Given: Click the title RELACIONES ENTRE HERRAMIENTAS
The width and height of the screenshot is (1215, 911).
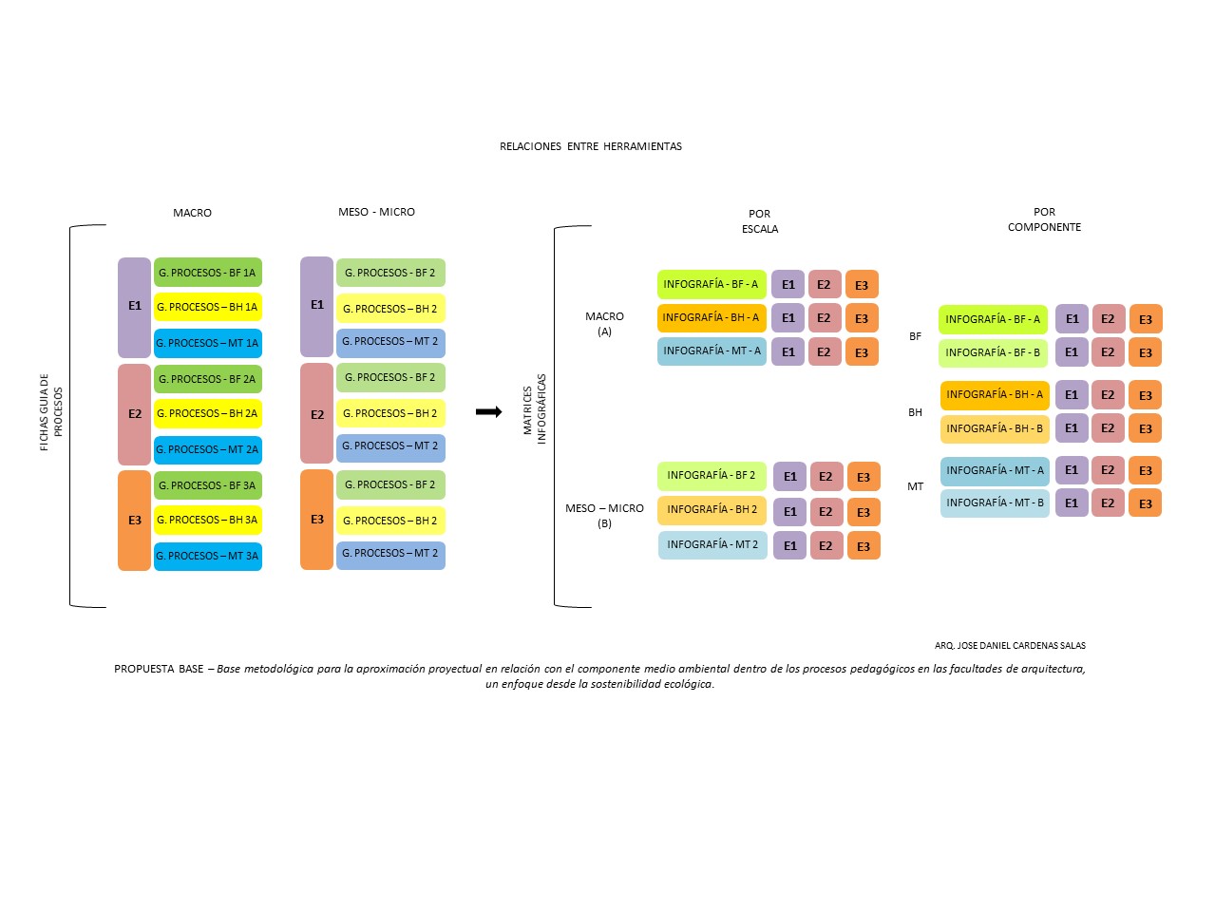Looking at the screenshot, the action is [x=590, y=146].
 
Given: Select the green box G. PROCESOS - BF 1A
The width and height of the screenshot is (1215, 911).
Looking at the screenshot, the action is [x=208, y=273].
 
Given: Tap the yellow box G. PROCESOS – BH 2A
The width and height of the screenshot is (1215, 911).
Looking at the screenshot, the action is [x=208, y=413].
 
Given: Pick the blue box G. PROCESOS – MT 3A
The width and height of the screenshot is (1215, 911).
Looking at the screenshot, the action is [x=208, y=556].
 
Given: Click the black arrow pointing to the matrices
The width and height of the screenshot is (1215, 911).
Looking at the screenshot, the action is [x=489, y=411].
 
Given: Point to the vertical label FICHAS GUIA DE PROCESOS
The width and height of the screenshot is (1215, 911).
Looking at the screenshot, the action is [x=51, y=411].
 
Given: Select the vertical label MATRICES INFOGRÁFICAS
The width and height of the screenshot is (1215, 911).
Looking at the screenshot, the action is [x=534, y=409].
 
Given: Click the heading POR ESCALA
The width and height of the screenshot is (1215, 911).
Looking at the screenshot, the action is [x=759, y=220].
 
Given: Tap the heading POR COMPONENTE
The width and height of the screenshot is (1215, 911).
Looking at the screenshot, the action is [x=1044, y=219].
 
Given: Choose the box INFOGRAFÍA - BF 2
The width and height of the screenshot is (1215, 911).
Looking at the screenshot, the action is [x=712, y=476].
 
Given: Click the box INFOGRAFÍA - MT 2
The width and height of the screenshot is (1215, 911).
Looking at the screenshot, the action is [x=712, y=544].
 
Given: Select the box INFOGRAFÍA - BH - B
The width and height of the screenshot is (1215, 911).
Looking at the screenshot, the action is [x=995, y=429].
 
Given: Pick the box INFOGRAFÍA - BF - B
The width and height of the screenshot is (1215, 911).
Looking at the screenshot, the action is [x=993, y=352].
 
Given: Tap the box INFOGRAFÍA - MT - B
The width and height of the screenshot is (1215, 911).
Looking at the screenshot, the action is [x=995, y=503].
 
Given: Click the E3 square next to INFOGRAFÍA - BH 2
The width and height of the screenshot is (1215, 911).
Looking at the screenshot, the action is [x=864, y=512].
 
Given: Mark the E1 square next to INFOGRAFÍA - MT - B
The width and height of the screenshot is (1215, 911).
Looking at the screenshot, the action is [x=1072, y=503].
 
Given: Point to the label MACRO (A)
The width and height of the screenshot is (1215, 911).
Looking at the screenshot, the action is [x=604, y=324].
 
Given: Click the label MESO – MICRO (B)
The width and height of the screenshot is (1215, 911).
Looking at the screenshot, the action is [x=604, y=516].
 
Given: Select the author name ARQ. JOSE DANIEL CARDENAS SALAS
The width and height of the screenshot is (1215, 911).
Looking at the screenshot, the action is [x=1010, y=645].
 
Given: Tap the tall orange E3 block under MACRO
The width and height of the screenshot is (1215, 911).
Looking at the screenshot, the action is [x=134, y=521].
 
